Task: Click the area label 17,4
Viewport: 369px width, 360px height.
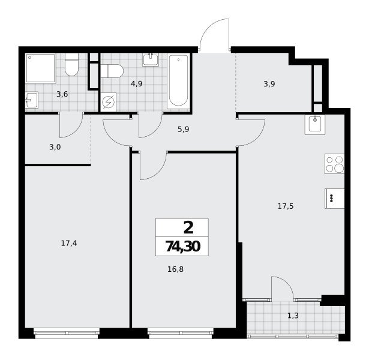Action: [x=69, y=243]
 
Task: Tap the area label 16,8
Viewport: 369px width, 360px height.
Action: [x=175, y=269]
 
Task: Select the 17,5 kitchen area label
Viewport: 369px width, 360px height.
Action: [x=286, y=206]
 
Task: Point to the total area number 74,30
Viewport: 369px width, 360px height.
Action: [x=183, y=247]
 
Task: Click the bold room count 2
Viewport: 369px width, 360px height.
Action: [x=188, y=228]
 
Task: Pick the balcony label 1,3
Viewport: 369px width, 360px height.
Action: [x=293, y=316]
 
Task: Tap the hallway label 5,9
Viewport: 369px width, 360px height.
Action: [x=184, y=129]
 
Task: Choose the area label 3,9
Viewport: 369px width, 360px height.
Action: [x=269, y=84]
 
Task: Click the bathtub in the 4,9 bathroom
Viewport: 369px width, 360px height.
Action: [x=178, y=81]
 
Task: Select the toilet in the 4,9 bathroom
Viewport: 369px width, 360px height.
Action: [x=112, y=71]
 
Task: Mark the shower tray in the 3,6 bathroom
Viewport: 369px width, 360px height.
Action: [x=41, y=68]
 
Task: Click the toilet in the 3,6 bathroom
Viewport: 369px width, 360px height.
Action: [x=71, y=64]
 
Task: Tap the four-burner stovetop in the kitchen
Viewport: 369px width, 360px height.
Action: [x=334, y=164]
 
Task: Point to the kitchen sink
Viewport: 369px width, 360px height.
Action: [x=315, y=125]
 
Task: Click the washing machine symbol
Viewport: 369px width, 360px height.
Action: [x=108, y=102]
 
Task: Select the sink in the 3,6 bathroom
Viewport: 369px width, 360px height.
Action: [x=32, y=100]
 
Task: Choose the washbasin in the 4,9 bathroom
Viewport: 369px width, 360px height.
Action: [x=151, y=59]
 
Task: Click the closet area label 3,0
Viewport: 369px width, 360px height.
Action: [x=55, y=147]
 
